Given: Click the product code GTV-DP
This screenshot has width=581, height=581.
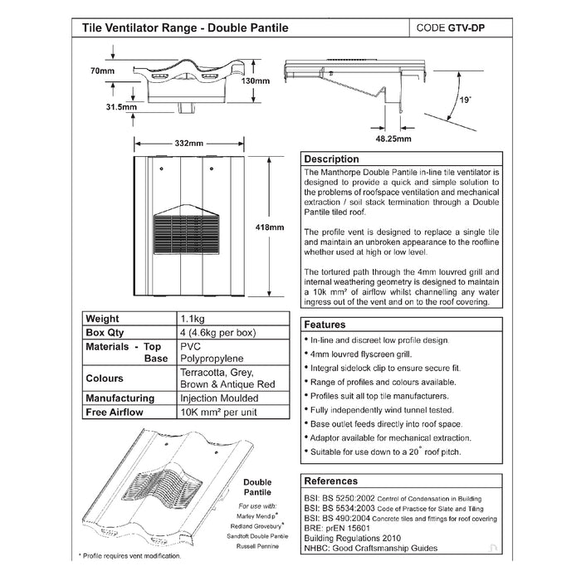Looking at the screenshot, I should tap(467, 27).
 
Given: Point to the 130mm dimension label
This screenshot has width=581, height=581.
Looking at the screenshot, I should tap(256, 81).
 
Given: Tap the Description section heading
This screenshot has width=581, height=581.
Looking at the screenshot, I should tap(332, 159).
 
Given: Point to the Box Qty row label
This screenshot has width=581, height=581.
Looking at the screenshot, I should tap(105, 332).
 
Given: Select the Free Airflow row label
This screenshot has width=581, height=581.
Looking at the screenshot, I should tap(115, 412).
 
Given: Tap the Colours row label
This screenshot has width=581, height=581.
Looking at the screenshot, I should tap(105, 378).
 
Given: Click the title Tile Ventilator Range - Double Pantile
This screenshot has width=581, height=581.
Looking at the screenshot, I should tap(185, 27).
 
